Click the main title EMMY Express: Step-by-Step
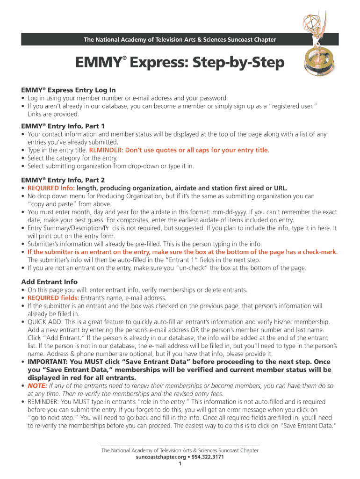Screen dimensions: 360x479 (180, 62)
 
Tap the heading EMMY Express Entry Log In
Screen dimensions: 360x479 (68, 90)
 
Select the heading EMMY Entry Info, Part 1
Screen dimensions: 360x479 (63, 126)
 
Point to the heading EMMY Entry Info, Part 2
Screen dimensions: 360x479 (63, 180)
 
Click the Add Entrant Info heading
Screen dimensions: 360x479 (50, 282)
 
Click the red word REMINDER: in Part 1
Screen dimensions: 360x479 (106, 150)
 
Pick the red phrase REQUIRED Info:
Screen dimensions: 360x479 (51, 188)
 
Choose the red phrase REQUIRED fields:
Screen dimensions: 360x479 (53, 298)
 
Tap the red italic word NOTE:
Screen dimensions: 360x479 (37, 385)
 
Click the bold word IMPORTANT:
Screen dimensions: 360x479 (48, 362)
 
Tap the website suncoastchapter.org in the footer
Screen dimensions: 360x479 (161, 457)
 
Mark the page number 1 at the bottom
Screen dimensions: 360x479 (180, 464)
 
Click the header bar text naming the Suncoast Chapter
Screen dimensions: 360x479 (180, 39)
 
